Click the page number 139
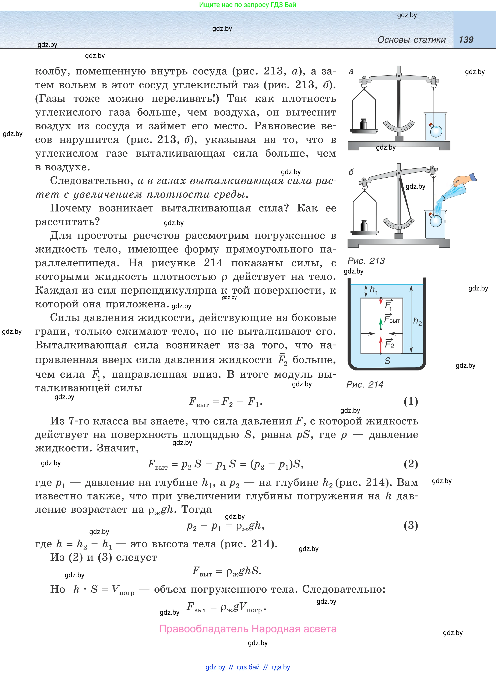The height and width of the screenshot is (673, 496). coord(466,40)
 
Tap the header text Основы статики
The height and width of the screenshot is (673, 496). coord(411,40)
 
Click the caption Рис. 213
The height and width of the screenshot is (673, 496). coord(366,261)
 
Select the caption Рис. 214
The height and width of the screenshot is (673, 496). coord(365,384)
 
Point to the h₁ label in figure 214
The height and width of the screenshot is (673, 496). coord(373,290)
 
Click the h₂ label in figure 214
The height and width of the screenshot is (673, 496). coord(417,321)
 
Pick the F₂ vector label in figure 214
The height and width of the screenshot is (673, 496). coord(389,344)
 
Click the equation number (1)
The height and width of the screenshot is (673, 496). coord(411,401)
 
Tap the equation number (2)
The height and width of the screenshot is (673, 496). coord(411,464)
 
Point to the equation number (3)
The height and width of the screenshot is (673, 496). coord(411,525)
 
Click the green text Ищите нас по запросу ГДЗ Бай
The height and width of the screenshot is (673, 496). coord(248,5)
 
